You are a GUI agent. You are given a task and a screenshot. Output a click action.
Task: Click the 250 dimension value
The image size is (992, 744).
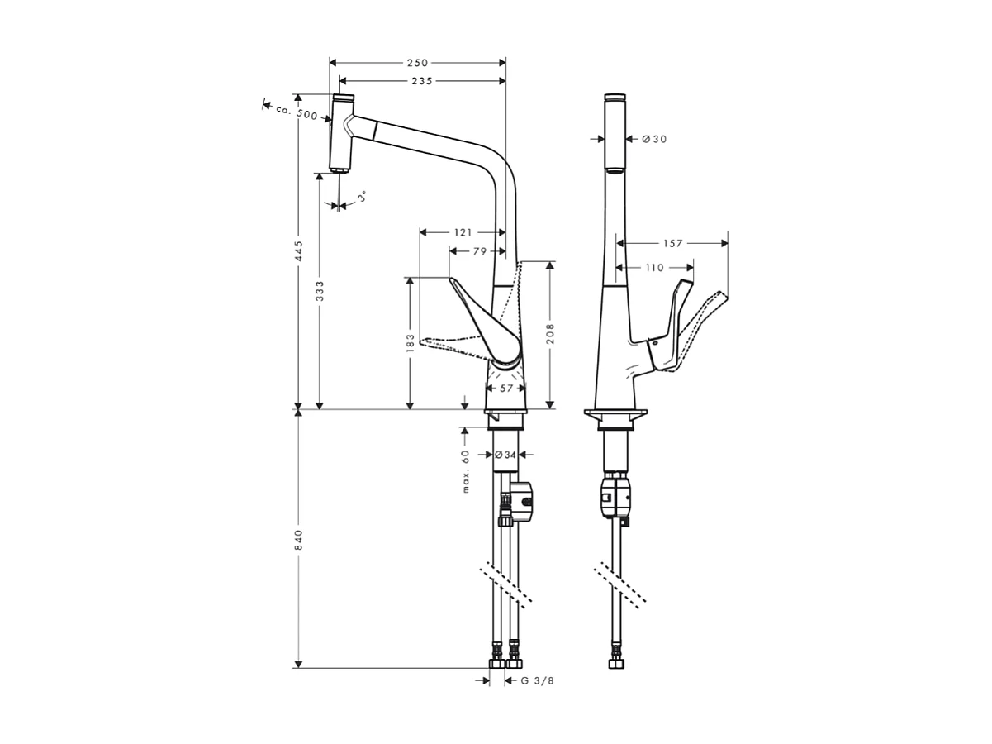[418, 63]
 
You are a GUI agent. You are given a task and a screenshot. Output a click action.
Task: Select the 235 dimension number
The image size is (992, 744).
[422, 80]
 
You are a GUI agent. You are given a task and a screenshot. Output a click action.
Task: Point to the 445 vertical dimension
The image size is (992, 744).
[299, 251]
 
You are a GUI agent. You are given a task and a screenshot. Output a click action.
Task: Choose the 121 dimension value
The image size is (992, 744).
[463, 232]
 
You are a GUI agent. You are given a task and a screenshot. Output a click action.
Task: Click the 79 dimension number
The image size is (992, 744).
[480, 251]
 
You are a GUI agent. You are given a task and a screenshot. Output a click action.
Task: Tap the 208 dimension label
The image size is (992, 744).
[550, 332]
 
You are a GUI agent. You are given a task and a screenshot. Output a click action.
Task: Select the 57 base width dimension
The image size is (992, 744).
[506, 388]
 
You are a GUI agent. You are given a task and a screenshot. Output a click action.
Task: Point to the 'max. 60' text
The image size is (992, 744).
[466, 471]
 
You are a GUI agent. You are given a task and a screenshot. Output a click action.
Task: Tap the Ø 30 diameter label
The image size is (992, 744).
[653, 140]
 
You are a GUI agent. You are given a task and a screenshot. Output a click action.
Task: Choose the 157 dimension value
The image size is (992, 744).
[673, 244]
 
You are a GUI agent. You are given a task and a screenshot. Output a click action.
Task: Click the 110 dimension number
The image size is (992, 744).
[654, 268]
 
